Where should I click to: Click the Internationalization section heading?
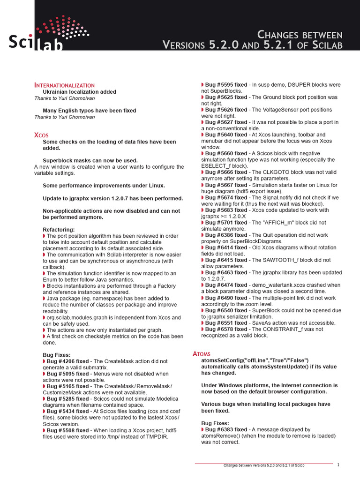click(x=64, y=85)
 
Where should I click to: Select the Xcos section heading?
click(x=41, y=135)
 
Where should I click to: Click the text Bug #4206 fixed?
click(x=67, y=361)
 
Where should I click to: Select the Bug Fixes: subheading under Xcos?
click(x=57, y=355)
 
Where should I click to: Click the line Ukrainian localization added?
click(x=79, y=92)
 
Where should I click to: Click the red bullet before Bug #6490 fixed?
click(x=202, y=298)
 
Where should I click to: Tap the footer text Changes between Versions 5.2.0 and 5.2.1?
click(x=264, y=465)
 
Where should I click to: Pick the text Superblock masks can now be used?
click(x=90, y=160)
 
